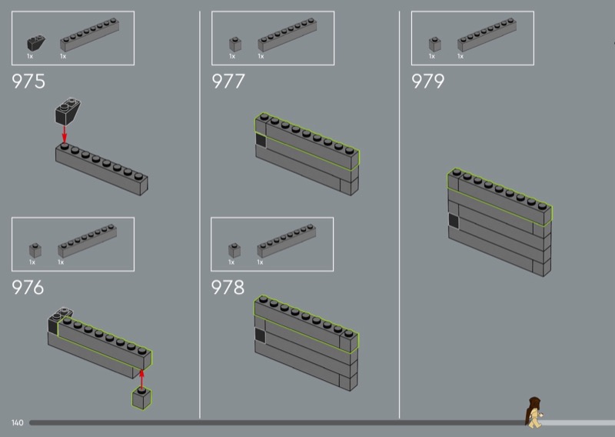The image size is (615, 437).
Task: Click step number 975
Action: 28,82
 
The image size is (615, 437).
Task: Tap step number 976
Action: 28,288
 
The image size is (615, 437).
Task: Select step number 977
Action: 228,82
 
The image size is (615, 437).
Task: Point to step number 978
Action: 228,288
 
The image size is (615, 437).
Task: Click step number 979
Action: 427,82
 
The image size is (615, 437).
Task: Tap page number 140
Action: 17,422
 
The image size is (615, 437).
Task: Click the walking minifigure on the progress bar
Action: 534,412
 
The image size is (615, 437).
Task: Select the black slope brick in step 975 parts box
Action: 35,43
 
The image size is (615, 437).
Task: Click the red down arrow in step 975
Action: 65,135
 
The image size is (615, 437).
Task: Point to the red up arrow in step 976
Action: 141,379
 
